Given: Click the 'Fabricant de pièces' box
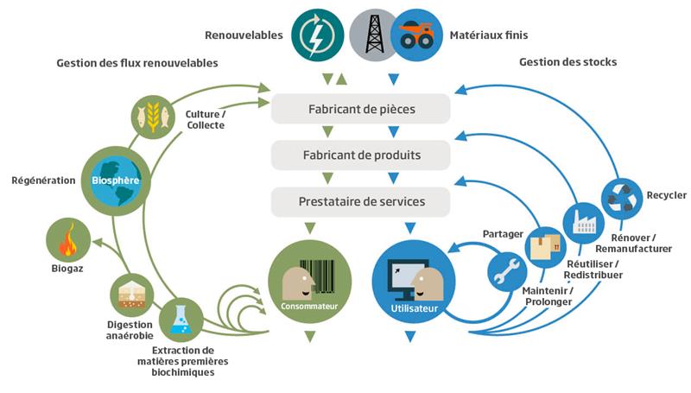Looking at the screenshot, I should click(361, 110).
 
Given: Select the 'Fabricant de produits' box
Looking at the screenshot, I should click(361, 156).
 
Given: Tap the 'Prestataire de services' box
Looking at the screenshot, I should click(361, 202).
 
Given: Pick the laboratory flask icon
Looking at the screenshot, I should click(180, 318).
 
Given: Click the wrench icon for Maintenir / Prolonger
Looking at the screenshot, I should click(507, 270).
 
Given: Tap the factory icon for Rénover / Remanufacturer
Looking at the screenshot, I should click(585, 222).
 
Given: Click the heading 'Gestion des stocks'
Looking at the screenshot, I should click(567, 63).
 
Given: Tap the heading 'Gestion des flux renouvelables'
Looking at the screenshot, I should click(137, 63).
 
